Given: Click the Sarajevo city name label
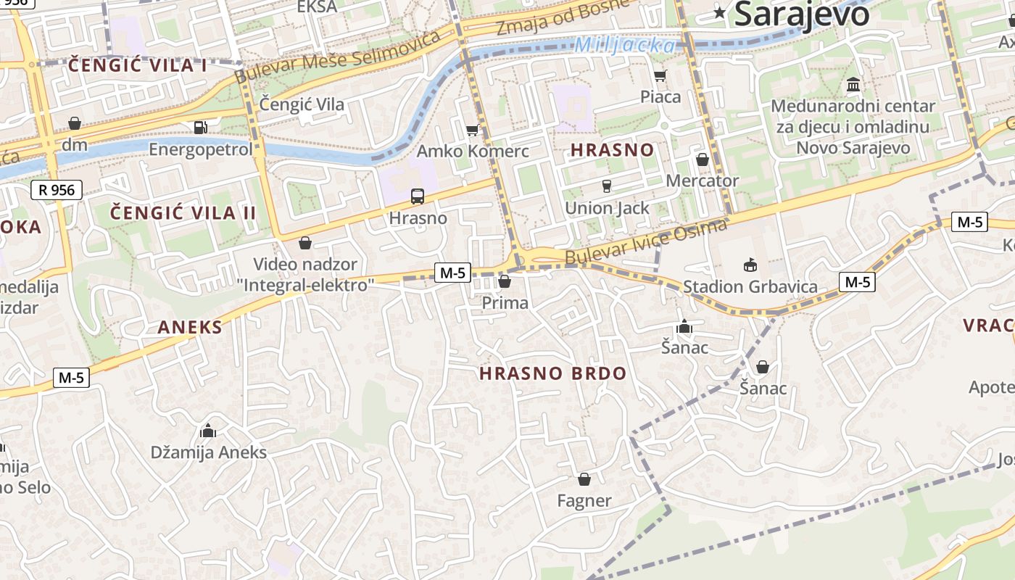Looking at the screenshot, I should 801,14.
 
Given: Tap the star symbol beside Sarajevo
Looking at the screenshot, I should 719,12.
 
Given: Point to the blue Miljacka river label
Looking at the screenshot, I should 624,45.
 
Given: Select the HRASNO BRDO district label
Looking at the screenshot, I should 552,373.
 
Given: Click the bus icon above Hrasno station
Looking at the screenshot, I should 417,196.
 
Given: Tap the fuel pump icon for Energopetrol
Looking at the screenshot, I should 200,128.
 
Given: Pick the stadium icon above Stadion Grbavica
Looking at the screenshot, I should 750,265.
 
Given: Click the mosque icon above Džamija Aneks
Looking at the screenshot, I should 208,431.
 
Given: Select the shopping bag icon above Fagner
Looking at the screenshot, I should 584,479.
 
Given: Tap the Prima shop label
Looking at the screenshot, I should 505,302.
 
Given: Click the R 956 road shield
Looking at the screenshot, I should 57,190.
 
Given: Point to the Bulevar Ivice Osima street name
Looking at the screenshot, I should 645,242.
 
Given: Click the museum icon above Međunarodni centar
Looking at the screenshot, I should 853,85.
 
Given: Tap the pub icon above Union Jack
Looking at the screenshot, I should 607,186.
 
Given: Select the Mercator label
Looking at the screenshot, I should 702,181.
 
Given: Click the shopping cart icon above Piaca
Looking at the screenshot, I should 660,75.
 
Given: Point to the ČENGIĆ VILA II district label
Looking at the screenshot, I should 183,212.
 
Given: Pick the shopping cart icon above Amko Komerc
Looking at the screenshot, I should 472,130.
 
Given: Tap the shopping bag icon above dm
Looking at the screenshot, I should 74,123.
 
